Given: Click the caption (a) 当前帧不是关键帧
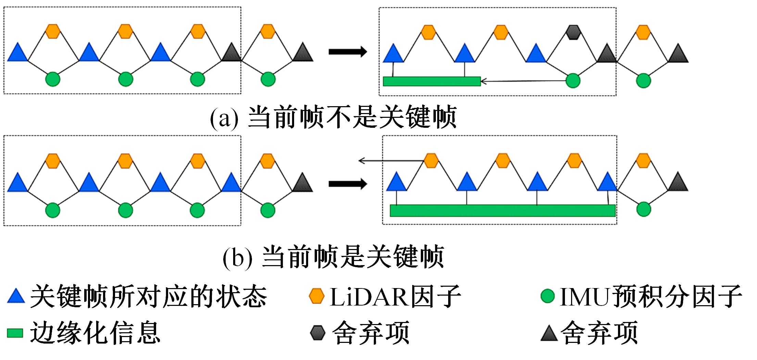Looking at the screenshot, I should pos(333,118).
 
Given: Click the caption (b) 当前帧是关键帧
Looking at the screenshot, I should pos(333,257).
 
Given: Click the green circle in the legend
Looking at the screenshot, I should pos(547,296).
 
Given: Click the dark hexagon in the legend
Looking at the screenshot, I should pos(317,333).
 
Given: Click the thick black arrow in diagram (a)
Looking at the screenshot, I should pos(348,52).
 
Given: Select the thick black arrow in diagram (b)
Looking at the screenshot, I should pos(348,184).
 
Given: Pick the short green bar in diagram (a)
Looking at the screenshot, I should pos(431,81).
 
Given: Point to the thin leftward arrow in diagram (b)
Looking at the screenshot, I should pos(390,160).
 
